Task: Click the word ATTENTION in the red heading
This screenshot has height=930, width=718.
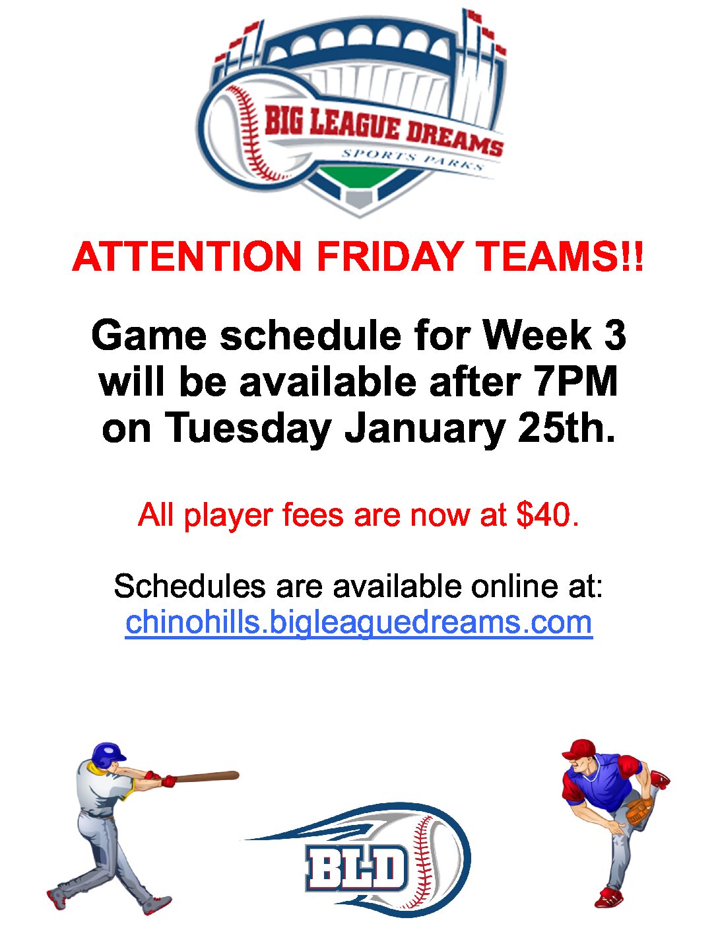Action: click(187, 257)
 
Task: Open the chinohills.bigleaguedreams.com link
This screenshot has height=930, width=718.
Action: click(359, 623)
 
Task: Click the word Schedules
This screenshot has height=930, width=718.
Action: click(189, 586)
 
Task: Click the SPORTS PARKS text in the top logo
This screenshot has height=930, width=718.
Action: click(412, 159)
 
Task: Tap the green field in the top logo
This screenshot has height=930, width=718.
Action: click(359, 177)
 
